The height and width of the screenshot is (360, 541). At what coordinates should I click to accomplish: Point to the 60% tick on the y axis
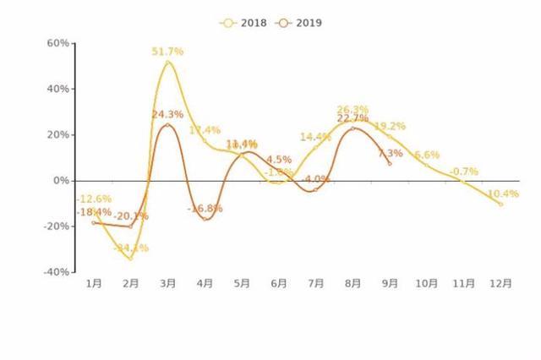[x=57, y=43]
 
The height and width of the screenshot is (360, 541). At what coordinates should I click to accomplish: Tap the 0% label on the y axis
[x=61, y=181]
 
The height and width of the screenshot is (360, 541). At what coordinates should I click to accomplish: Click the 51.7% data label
[x=167, y=52]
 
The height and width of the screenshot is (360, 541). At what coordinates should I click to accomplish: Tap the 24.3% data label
[x=167, y=114]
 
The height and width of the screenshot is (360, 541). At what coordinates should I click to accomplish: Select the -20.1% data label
[x=131, y=216]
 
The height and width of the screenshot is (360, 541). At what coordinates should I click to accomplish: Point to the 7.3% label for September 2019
[x=390, y=154]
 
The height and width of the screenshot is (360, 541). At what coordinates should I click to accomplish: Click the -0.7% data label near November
[x=463, y=172]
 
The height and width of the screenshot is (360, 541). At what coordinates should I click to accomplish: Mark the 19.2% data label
[x=390, y=126]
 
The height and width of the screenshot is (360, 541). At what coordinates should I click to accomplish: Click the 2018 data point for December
[x=500, y=205]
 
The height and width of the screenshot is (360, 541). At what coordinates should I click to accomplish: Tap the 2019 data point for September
[x=390, y=164]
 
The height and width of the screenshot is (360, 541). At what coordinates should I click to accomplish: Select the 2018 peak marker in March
[x=167, y=62]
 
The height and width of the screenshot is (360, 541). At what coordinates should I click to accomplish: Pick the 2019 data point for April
[x=205, y=219]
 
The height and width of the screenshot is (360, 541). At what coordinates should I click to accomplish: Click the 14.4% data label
[x=315, y=137]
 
